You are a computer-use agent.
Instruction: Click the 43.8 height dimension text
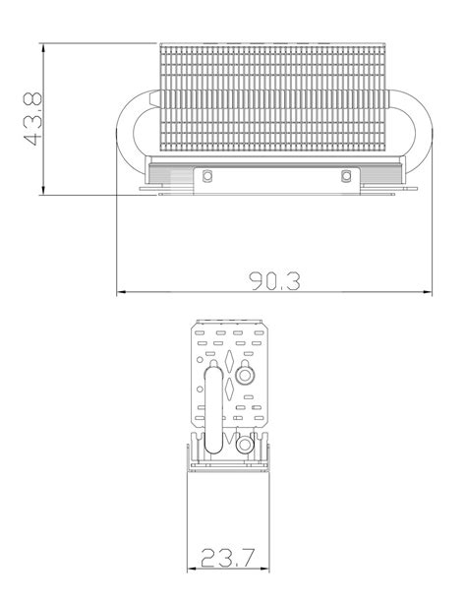(x=33, y=119)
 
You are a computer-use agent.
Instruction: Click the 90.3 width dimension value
(x=275, y=280)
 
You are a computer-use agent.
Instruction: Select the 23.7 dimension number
(x=228, y=558)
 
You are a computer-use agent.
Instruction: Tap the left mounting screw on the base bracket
(x=207, y=177)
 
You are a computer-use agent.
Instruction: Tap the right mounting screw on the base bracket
(x=345, y=177)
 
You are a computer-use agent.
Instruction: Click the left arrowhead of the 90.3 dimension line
(x=121, y=292)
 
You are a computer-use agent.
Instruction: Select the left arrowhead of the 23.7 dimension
(x=191, y=570)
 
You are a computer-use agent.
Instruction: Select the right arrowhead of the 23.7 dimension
(x=265, y=570)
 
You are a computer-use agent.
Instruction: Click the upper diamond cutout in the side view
(x=229, y=360)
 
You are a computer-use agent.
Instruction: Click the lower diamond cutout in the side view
(x=229, y=389)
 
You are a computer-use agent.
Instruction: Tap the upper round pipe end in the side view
(x=246, y=374)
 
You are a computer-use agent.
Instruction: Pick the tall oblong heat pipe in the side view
(x=211, y=408)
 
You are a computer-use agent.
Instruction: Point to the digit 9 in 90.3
(x=259, y=280)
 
